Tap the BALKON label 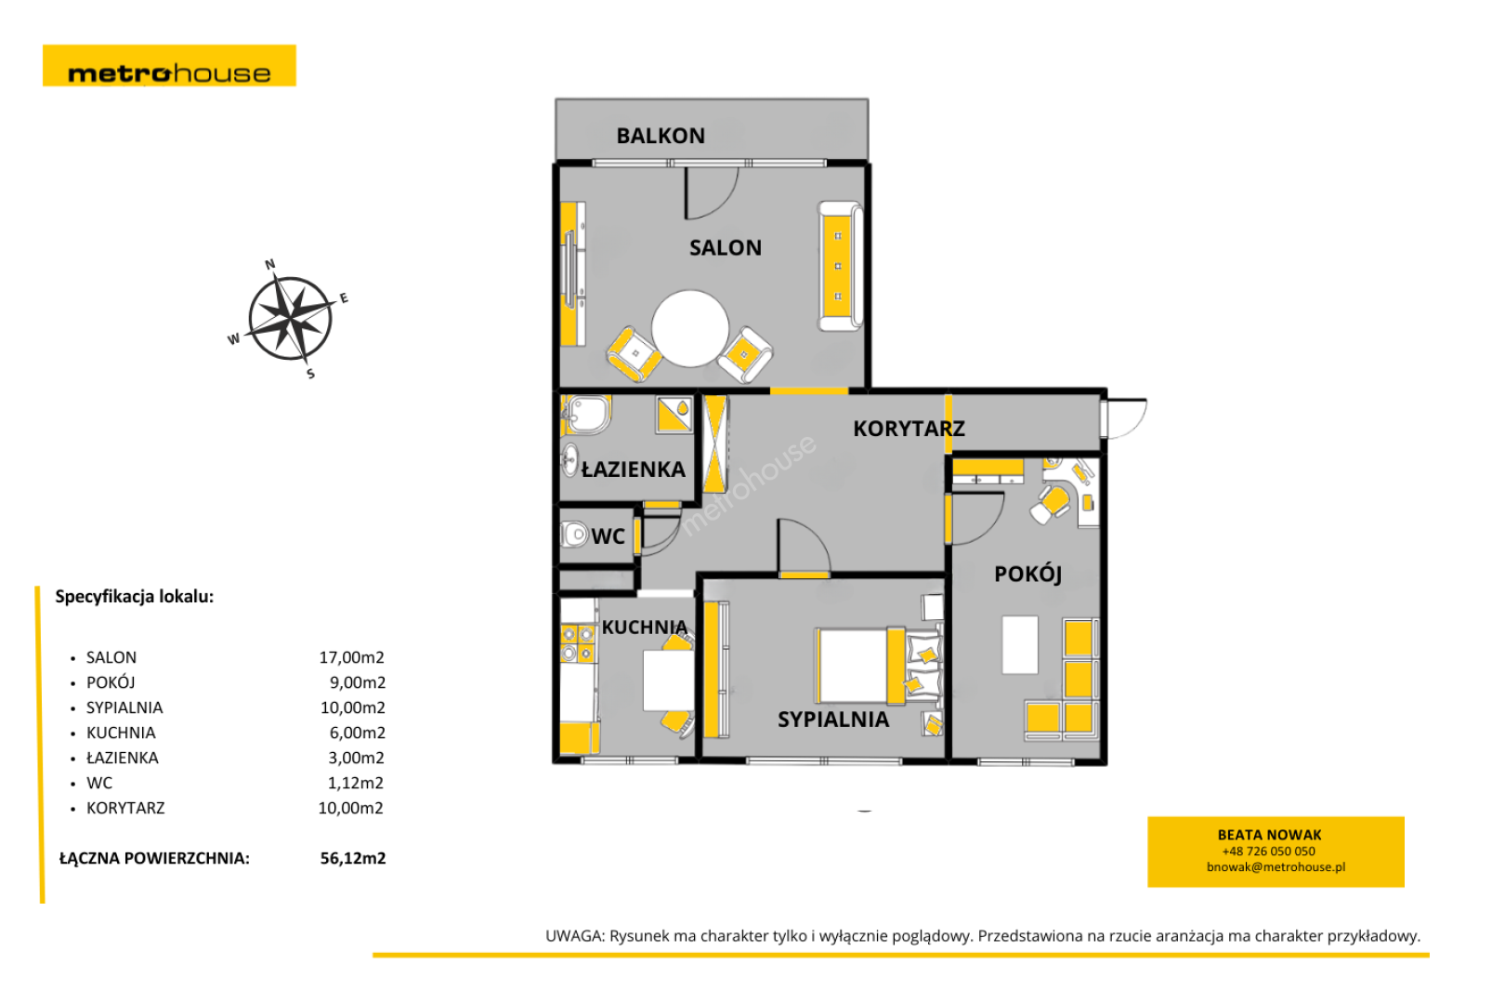point(661,136)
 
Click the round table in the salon point(690,328)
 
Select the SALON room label point(726,248)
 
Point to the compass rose point(290,319)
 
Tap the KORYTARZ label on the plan point(910,429)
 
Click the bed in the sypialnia point(880,666)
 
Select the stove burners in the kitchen point(577,643)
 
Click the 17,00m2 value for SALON point(351,657)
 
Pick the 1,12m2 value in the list point(356,784)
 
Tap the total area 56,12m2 point(353,859)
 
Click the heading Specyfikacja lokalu point(135,597)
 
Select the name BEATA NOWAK point(1269,835)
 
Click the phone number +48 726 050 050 point(1268,852)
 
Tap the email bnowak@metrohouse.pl point(1276,867)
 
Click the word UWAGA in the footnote point(575,937)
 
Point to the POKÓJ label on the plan point(1028,575)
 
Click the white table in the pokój point(1020,644)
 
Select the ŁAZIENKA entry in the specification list point(123,758)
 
